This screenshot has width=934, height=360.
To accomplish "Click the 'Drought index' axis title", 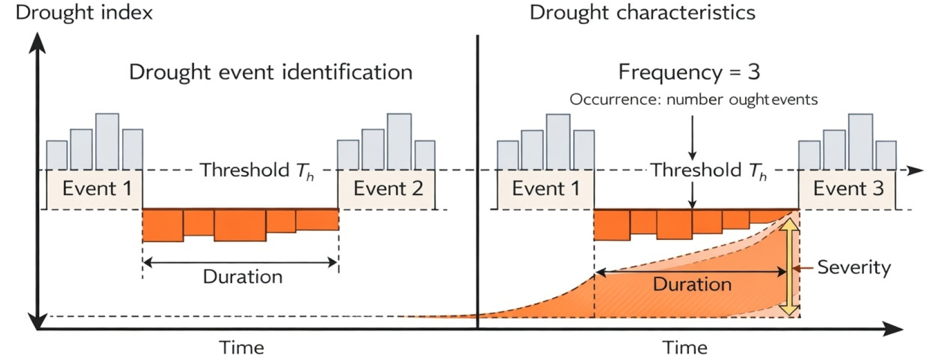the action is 84,12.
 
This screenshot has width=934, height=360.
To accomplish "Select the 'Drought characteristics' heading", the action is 642,12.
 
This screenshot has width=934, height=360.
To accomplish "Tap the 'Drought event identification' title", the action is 271,72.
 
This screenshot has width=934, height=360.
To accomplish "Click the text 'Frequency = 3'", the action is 689,72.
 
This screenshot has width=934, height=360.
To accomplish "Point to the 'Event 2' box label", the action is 388,188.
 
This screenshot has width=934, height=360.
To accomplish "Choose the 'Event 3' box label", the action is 849,188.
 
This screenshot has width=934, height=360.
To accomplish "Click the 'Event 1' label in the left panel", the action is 97,188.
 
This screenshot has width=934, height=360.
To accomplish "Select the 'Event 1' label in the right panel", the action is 546,188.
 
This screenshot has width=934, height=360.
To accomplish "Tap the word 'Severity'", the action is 854,267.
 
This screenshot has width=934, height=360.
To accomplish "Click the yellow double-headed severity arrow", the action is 789,267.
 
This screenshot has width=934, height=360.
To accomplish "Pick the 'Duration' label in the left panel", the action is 243,277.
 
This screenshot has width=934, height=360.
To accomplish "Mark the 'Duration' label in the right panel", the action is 692,284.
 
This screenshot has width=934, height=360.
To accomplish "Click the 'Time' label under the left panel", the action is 242,348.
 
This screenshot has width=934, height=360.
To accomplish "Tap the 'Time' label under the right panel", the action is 685,348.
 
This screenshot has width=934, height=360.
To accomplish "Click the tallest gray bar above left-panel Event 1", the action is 107,141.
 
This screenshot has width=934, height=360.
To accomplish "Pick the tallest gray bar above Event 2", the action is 399,141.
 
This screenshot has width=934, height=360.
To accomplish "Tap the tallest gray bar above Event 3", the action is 861,142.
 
